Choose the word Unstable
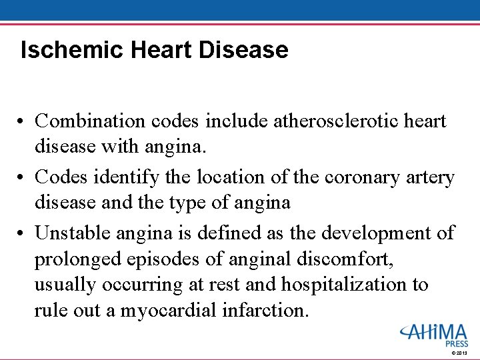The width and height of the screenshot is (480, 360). [73, 233]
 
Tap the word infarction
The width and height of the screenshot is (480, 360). [271, 311]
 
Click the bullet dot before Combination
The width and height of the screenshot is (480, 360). [23, 122]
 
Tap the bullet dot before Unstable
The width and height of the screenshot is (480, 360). [23, 234]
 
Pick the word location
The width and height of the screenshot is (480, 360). [242, 177]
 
